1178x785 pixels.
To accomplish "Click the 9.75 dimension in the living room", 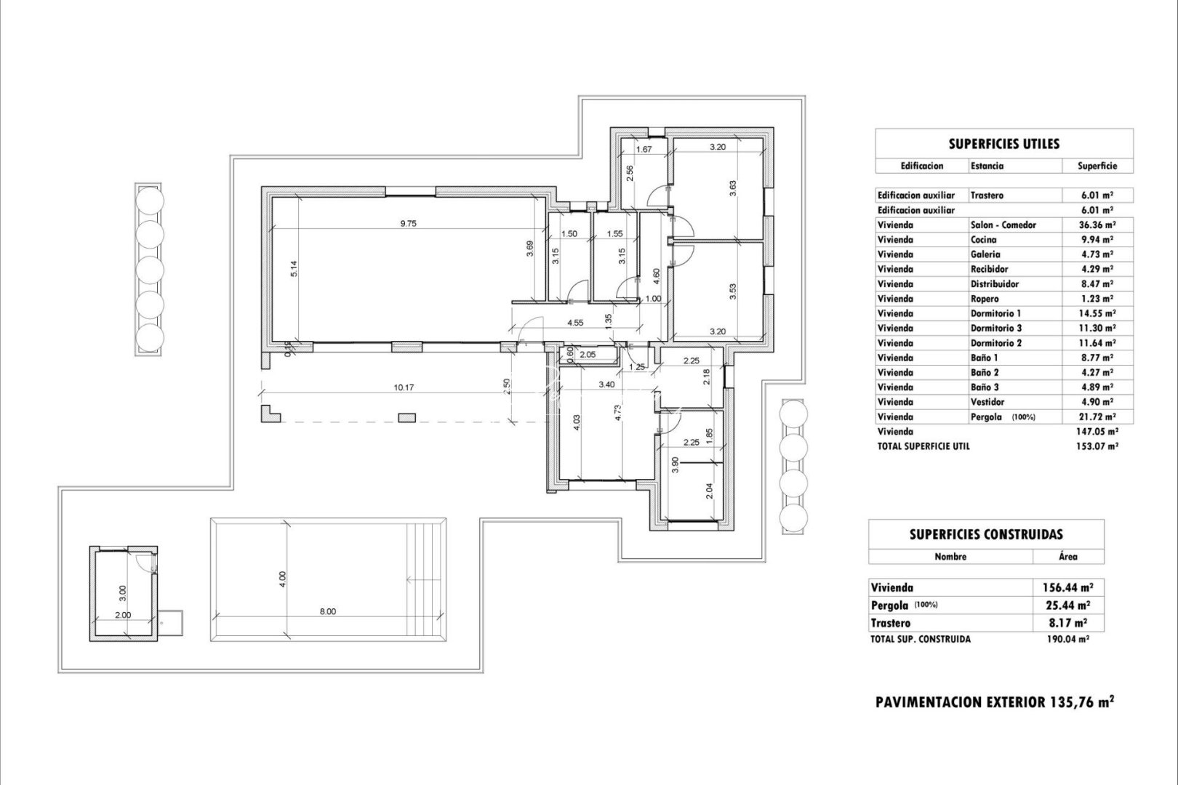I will [x=408, y=224].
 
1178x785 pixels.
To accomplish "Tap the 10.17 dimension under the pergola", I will [x=404, y=387].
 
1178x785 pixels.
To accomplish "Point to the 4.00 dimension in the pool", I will [x=283, y=579].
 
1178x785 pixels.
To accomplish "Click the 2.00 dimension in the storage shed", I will [x=124, y=614].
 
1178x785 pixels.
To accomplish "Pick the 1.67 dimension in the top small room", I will [x=643, y=150].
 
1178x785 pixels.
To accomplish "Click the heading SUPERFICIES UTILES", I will [x=1003, y=144].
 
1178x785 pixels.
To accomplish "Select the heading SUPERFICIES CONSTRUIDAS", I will [x=985, y=534].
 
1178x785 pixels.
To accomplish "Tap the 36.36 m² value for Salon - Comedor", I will [x=1098, y=225].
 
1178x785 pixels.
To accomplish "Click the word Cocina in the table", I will [x=983, y=239].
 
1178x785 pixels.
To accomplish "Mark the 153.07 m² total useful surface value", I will [x=1098, y=446].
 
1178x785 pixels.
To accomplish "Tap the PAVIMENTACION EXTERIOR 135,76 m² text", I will [x=995, y=702].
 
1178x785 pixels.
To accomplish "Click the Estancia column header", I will [x=987, y=166].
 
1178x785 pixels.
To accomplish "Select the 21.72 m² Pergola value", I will [x=1098, y=416].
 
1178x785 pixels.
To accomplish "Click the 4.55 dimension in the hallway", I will [x=574, y=323].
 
